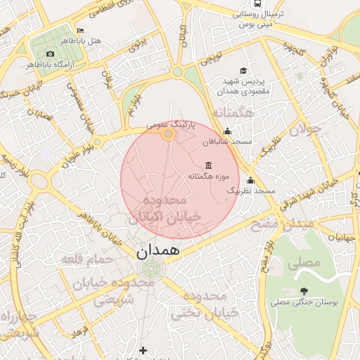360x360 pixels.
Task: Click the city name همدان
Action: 158,249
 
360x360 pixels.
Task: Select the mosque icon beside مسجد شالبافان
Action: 227,131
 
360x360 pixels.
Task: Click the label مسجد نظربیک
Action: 256,191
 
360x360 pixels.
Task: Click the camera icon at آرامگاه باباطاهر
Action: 50,54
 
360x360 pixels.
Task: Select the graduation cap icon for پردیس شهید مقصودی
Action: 243,70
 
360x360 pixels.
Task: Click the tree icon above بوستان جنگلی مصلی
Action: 304,291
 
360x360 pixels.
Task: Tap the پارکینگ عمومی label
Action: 167,123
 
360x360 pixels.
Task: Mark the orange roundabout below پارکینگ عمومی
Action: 168,134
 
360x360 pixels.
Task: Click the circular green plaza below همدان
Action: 150,268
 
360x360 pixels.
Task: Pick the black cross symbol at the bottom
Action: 143,349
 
